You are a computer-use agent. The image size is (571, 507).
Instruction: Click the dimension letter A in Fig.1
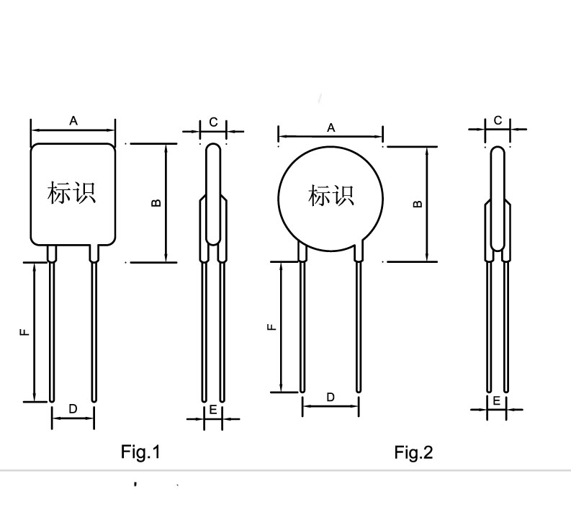[73, 120]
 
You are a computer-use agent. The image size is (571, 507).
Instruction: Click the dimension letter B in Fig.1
[156, 203]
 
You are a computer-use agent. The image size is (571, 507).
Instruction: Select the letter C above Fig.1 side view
[213, 122]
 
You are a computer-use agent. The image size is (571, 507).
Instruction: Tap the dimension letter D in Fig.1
[73, 409]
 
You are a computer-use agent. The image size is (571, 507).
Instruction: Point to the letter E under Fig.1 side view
[213, 410]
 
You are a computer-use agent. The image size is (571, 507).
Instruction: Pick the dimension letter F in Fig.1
[24, 332]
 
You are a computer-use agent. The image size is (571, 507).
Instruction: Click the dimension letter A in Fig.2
[331, 128]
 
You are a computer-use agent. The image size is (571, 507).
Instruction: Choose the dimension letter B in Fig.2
[418, 204]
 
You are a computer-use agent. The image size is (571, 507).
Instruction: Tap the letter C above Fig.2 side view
[498, 120]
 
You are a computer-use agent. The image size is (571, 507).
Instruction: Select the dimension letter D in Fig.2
[331, 397]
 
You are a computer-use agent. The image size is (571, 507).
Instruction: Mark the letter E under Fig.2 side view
[496, 401]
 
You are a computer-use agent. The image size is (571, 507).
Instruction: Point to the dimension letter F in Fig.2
[271, 327]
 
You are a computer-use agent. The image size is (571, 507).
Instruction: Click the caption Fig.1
[140, 452]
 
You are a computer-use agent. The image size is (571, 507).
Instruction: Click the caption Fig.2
[414, 453]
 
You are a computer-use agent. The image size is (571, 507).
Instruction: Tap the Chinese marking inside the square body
[71, 193]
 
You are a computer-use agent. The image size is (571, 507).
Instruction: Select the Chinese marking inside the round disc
[331, 196]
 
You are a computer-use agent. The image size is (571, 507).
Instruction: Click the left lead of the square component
[52, 324]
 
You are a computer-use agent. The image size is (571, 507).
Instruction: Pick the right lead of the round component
[359, 320]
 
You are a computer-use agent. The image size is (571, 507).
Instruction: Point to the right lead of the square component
[94, 324]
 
